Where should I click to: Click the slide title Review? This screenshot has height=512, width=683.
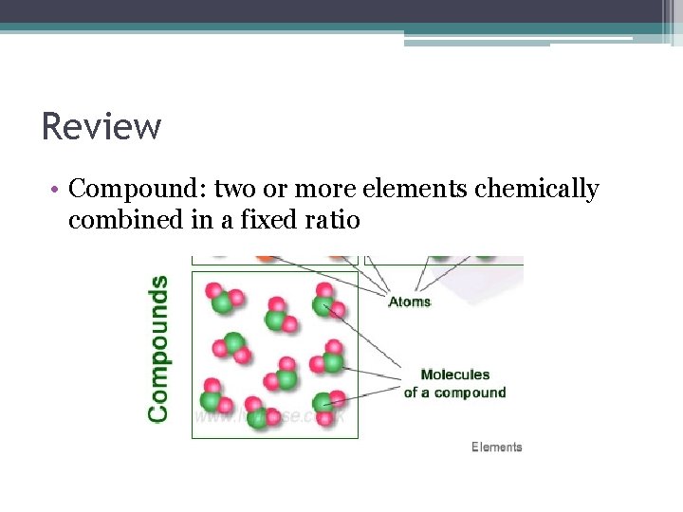(102, 126)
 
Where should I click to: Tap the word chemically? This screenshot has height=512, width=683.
(536, 190)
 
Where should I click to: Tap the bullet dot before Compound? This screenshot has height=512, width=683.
(57, 190)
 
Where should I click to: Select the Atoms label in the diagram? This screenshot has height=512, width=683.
(410, 302)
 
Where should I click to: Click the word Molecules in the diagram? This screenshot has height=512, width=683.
(455, 375)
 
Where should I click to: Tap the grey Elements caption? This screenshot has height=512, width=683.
(496, 447)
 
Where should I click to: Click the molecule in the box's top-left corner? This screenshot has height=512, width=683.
(221, 297)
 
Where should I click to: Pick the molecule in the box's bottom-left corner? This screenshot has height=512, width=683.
(212, 397)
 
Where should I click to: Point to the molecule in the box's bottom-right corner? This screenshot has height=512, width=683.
(326, 404)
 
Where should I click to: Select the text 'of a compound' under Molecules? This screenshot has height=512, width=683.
(454, 393)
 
